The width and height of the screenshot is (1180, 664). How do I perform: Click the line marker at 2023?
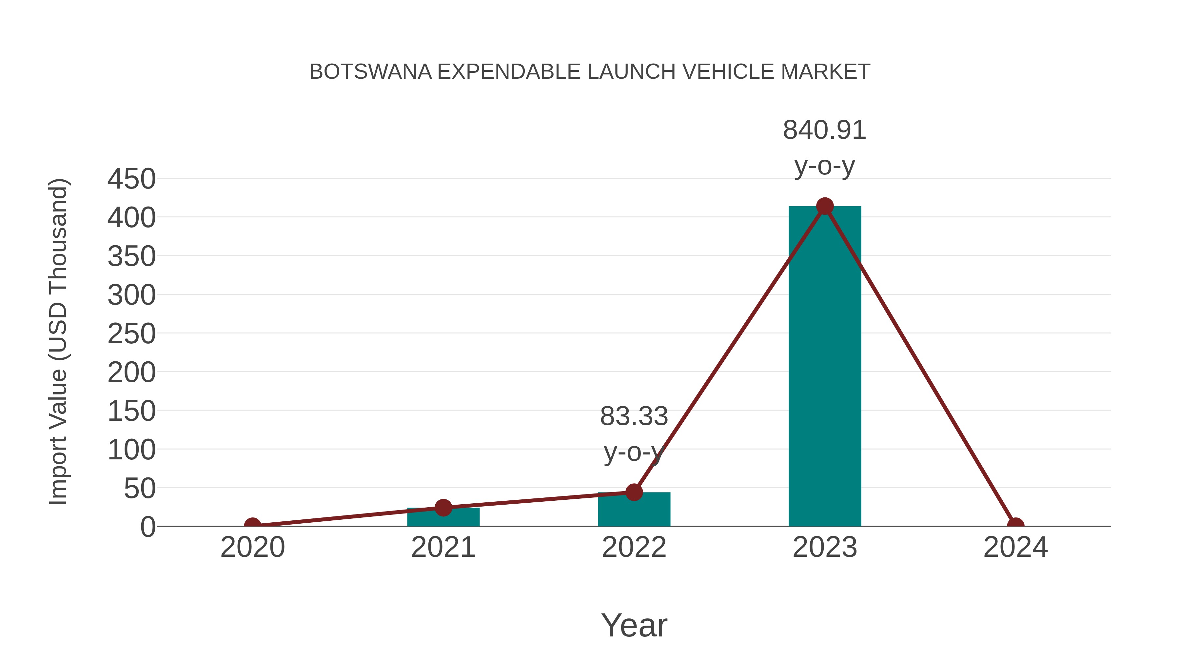point(825,206)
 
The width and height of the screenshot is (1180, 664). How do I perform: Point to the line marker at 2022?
point(634,492)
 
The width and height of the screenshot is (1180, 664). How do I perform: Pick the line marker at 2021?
point(443,507)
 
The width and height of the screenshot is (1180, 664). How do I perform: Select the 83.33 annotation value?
point(634,416)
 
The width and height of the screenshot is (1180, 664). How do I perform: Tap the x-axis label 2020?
point(252,547)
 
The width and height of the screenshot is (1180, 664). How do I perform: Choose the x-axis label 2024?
point(1015,547)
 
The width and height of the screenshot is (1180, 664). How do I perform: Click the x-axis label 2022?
point(634,547)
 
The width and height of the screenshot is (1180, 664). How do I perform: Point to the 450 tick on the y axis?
point(131,179)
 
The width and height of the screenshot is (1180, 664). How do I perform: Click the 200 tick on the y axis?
point(131,372)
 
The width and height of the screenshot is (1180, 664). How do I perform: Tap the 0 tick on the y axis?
point(148,527)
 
